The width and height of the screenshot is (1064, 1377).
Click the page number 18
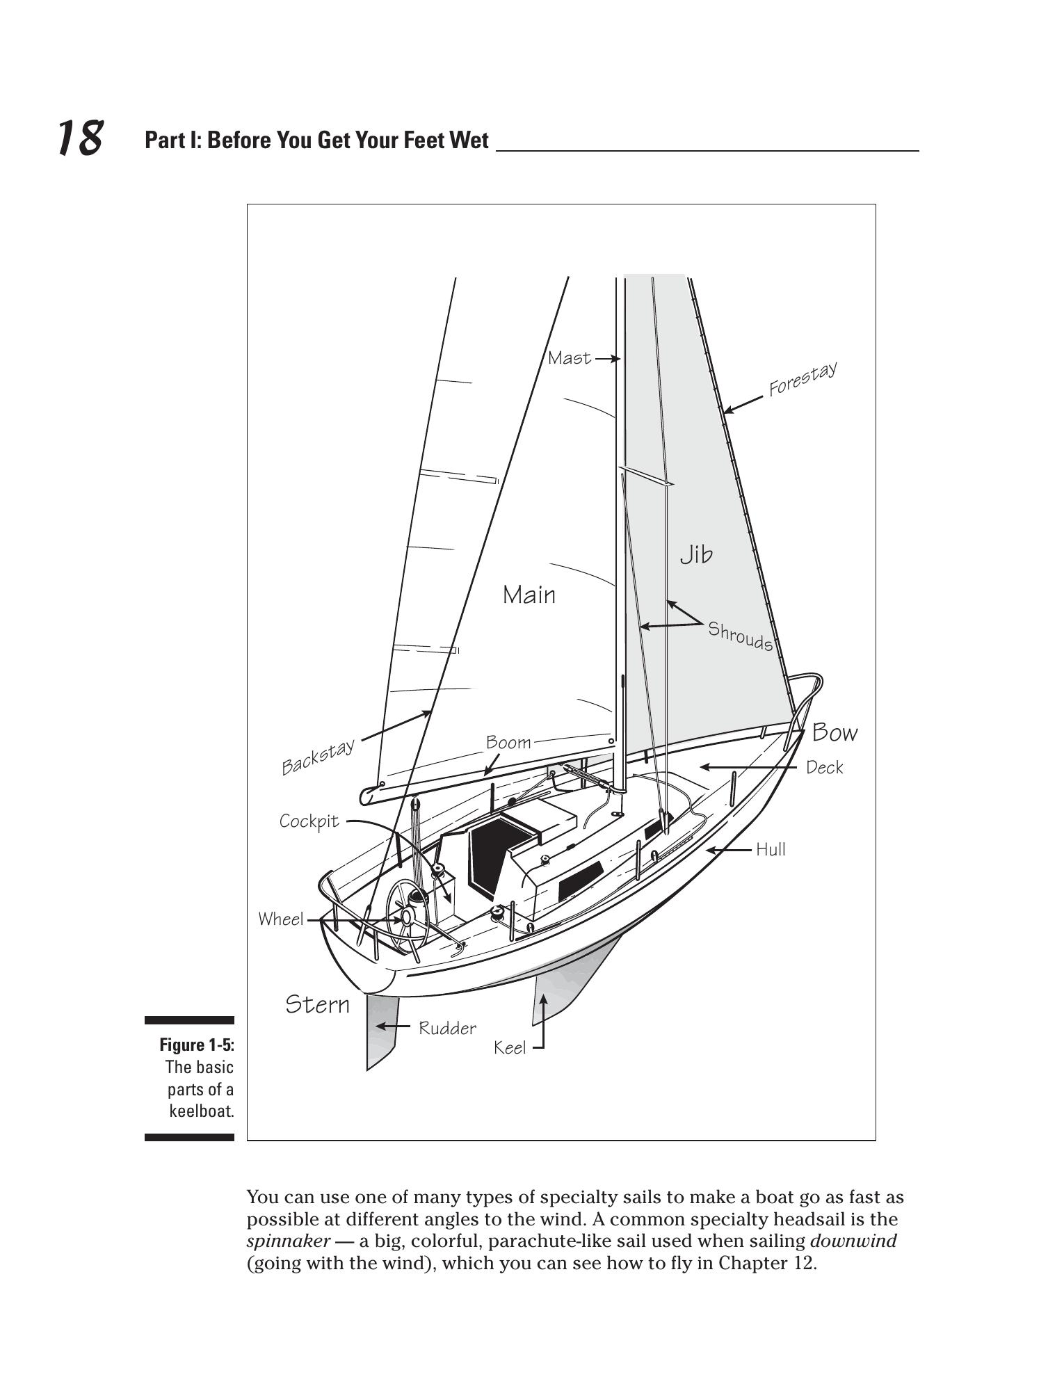[79, 138]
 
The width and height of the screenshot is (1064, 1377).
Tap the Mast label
[569, 358]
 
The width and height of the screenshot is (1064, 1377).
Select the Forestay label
[802, 378]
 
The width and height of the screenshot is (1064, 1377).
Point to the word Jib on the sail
[696, 554]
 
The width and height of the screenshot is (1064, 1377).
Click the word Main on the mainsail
[529, 595]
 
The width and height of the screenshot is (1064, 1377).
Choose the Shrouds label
[740, 636]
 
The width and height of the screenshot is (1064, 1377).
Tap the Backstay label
[318, 757]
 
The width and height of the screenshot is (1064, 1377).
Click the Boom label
[508, 742]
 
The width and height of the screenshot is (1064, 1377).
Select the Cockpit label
[309, 821]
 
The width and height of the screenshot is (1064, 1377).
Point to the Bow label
[835, 732]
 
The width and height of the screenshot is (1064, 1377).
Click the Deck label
[824, 767]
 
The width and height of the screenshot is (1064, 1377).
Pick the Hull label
[771, 849]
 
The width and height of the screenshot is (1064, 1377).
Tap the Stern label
[317, 1004]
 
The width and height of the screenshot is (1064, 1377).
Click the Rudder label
[447, 1028]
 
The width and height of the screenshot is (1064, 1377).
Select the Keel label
[509, 1047]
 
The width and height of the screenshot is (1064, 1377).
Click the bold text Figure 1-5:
[197, 1045]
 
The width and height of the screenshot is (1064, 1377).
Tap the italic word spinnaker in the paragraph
[288, 1241]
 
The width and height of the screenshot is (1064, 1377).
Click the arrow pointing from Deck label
[748, 767]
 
